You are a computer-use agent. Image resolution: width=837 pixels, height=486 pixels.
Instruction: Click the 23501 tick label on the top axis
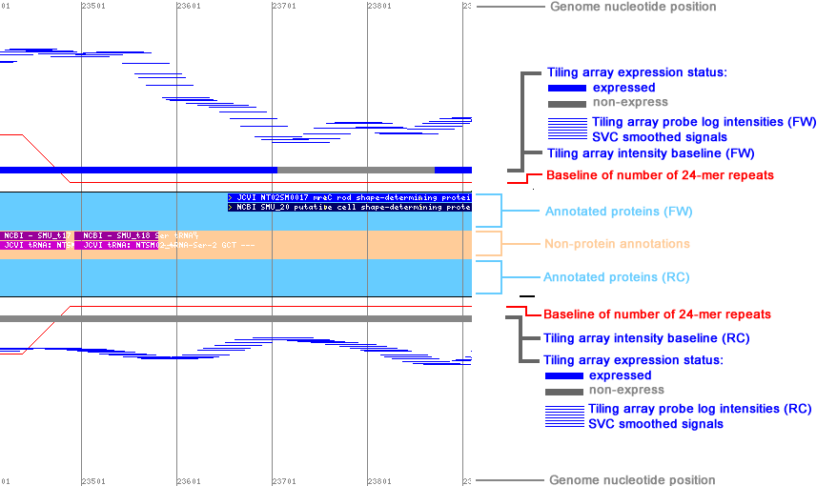93,6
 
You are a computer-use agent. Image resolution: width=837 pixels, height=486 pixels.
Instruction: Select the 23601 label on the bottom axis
189,480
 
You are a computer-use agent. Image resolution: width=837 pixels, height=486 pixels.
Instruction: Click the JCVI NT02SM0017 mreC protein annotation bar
350,197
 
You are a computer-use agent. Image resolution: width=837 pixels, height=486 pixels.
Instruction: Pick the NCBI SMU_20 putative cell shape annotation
350,207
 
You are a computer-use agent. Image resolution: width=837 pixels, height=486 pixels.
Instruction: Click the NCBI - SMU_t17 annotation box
35,235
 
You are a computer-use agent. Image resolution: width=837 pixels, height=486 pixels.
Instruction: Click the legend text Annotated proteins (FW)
618,212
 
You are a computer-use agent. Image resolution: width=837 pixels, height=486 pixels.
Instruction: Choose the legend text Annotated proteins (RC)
616,277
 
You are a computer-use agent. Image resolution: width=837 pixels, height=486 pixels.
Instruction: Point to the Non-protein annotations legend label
617,244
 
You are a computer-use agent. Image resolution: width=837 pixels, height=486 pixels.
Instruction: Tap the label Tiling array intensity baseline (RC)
645,338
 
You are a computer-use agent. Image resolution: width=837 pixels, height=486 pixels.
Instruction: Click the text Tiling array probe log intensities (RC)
700,409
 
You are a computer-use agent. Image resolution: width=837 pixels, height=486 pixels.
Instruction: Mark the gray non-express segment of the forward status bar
355,170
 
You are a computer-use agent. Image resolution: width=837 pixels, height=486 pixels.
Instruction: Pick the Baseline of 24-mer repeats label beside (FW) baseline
660,175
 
